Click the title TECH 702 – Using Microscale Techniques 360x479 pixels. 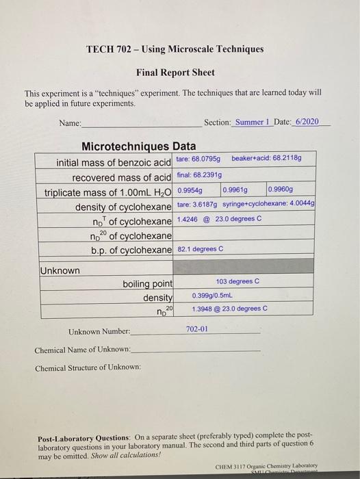[175, 49]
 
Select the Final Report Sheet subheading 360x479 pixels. [175, 72]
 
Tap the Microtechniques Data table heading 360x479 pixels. [138, 146]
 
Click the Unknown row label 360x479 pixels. [60, 270]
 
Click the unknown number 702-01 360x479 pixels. [196, 330]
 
